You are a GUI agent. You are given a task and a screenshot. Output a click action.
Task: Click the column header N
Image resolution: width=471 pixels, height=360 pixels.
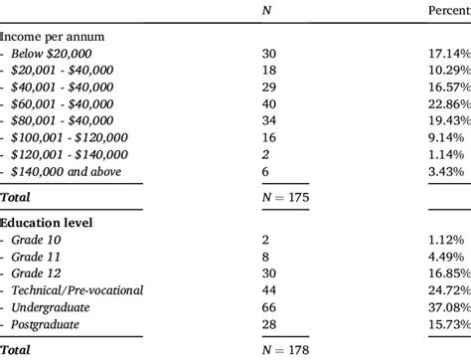coord(264,11)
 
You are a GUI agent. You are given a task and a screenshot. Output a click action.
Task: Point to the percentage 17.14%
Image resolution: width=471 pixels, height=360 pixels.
coord(443,55)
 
